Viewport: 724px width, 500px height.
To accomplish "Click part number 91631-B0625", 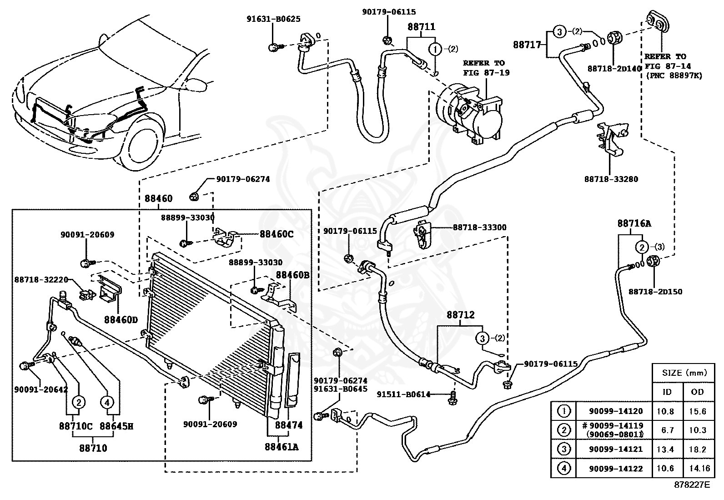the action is (273, 19).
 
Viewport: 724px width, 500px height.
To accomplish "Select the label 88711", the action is (421, 26).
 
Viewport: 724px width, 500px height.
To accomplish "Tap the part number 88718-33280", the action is (611, 179).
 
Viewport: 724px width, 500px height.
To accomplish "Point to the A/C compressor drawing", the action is (469, 113).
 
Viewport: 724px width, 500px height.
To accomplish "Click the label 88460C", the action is (277, 234).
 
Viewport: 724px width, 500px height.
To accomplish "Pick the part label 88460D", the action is (121, 320).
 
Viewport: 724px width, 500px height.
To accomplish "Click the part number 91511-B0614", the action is (403, 394).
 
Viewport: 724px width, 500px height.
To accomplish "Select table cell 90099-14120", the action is (616, 411).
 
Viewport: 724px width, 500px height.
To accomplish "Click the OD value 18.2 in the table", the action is (697, 449).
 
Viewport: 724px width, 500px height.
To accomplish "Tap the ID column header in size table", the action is (667, 392).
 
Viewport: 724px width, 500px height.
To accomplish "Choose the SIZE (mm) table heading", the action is (684, 373).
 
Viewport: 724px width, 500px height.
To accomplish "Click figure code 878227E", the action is (692, 485).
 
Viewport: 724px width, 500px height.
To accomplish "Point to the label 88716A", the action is (634, 223).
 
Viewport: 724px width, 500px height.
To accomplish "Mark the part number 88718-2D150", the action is (655, 291).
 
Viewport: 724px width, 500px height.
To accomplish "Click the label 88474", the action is (289, 425).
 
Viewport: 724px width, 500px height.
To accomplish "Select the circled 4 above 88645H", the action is (107, 402).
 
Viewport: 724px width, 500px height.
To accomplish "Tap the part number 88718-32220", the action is (41, 279).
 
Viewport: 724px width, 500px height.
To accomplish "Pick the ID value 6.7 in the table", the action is (667, 430).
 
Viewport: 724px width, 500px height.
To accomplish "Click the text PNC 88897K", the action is (674, 76).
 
